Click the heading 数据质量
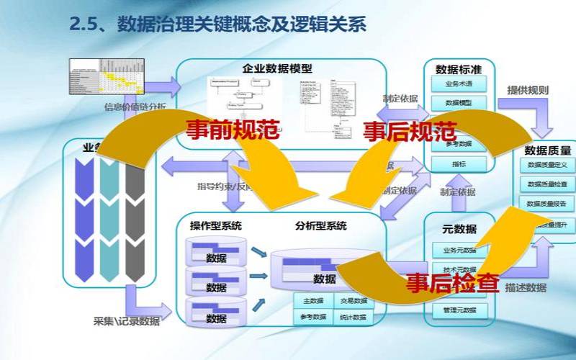548,150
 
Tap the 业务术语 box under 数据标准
459,84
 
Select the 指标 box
459,164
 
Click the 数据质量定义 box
548,166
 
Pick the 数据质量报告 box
548,204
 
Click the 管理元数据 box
459,311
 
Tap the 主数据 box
312,301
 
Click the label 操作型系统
216,226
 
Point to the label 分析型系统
320,226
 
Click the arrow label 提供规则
528,91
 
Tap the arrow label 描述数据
526,288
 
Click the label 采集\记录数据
127,321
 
